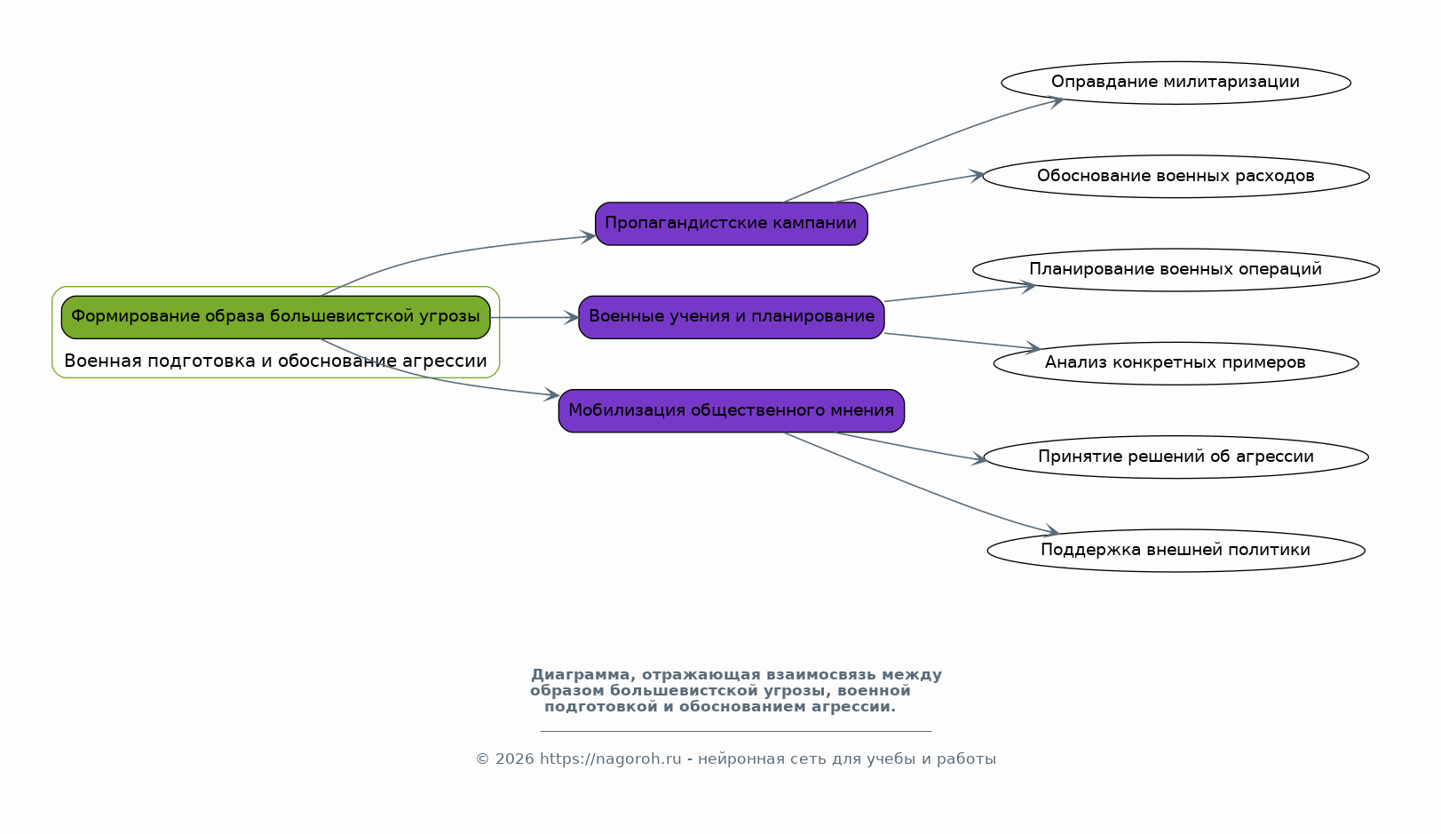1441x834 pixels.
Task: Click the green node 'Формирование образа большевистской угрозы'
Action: point(275,317)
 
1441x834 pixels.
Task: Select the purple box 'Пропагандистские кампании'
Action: point(731,224)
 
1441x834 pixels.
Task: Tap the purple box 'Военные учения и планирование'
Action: point(731,317)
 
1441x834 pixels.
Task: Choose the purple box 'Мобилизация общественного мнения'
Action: point(731,410)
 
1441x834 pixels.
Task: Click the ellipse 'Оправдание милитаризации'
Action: point(1176,83)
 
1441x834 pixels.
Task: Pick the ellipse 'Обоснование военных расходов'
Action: point(1176,176)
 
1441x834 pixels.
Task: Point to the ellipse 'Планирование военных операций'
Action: point(1176,270)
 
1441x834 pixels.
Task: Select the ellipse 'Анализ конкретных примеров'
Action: point(1176,363)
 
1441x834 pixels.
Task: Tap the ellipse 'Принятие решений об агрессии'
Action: point(1176,457)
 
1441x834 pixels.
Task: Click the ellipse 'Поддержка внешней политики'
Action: point(1176,551)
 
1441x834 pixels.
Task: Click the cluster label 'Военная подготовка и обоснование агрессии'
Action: point(275,361)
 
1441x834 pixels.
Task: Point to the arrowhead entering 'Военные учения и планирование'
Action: point(572,317)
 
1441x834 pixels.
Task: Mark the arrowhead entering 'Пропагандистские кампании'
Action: point(589,236)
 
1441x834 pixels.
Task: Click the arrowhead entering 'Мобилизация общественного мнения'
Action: point(552,395)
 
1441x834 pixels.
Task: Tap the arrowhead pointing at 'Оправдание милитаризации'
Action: point(1057,100)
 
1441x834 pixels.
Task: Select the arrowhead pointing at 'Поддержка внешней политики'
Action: point(1052,532)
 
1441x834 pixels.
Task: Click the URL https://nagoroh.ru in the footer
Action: point(610,759)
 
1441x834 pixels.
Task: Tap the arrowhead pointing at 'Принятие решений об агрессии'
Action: point(979,459)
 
